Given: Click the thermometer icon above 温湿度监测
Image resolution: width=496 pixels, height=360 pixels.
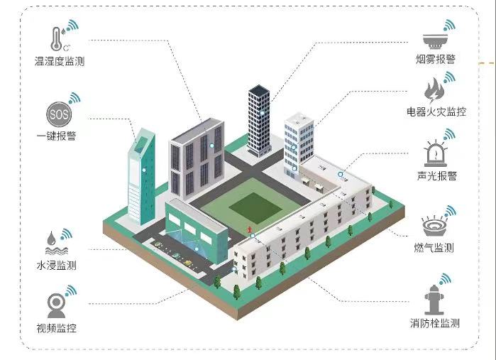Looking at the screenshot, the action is [56, 39].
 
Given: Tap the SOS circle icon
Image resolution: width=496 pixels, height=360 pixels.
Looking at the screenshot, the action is [59, 114].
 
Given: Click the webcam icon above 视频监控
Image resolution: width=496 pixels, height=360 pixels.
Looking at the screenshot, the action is [56, 306].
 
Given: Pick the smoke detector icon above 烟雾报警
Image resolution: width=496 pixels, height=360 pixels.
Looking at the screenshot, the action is [435, 41].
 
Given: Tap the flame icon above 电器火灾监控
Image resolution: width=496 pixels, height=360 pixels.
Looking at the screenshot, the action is [434, 91].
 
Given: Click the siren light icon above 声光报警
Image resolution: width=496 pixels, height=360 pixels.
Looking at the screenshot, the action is [435, 154].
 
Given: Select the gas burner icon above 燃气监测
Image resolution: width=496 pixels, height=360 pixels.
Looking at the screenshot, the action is [434, 226].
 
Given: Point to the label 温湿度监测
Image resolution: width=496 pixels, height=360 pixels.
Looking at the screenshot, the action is [60, 61].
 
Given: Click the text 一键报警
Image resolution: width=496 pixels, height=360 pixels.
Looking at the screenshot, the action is [56, 136].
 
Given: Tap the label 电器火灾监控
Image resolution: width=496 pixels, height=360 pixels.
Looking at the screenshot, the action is [436, 111].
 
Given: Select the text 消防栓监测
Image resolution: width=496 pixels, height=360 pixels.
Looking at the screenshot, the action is [435, 323].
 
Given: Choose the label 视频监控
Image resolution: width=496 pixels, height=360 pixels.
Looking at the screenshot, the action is [56, 328].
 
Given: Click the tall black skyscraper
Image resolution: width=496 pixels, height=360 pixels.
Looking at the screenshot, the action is [260, 121].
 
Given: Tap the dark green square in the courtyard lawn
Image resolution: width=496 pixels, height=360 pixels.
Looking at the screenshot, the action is [255, 208].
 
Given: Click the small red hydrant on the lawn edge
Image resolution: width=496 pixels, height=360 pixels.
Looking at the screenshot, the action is [250, 229].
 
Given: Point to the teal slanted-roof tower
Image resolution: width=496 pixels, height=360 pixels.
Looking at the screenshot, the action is [141, 178].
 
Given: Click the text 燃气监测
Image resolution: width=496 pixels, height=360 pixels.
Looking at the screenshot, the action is [434, 248].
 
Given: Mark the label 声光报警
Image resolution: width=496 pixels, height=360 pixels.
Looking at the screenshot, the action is [437, 175].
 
